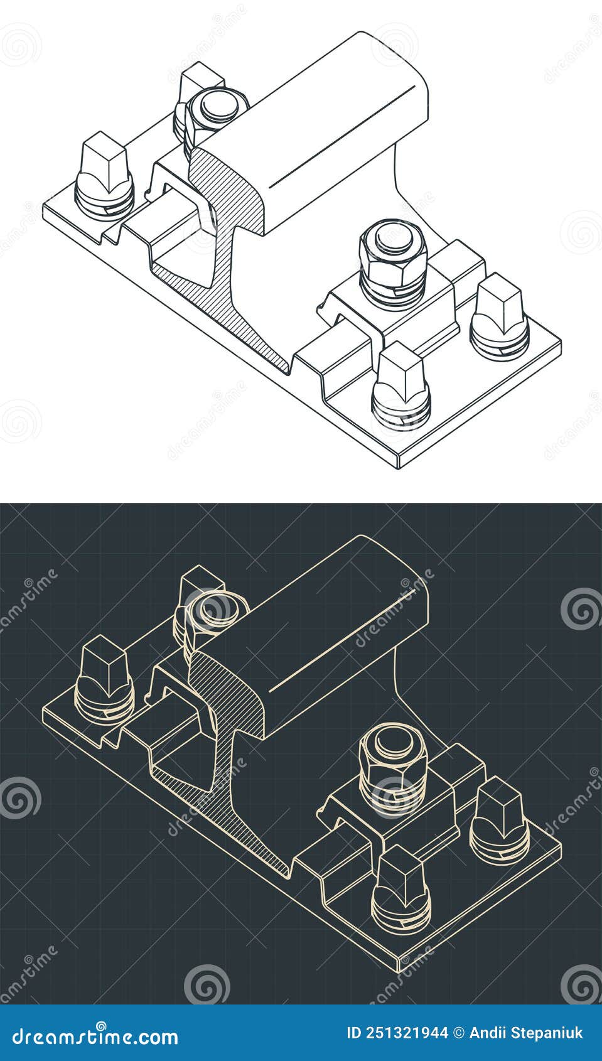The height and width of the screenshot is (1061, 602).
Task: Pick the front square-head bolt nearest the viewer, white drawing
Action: click(402, 377)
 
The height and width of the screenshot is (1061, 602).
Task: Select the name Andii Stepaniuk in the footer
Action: click(527, 1033)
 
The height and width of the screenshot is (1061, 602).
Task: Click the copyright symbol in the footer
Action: click(459, 1033)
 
